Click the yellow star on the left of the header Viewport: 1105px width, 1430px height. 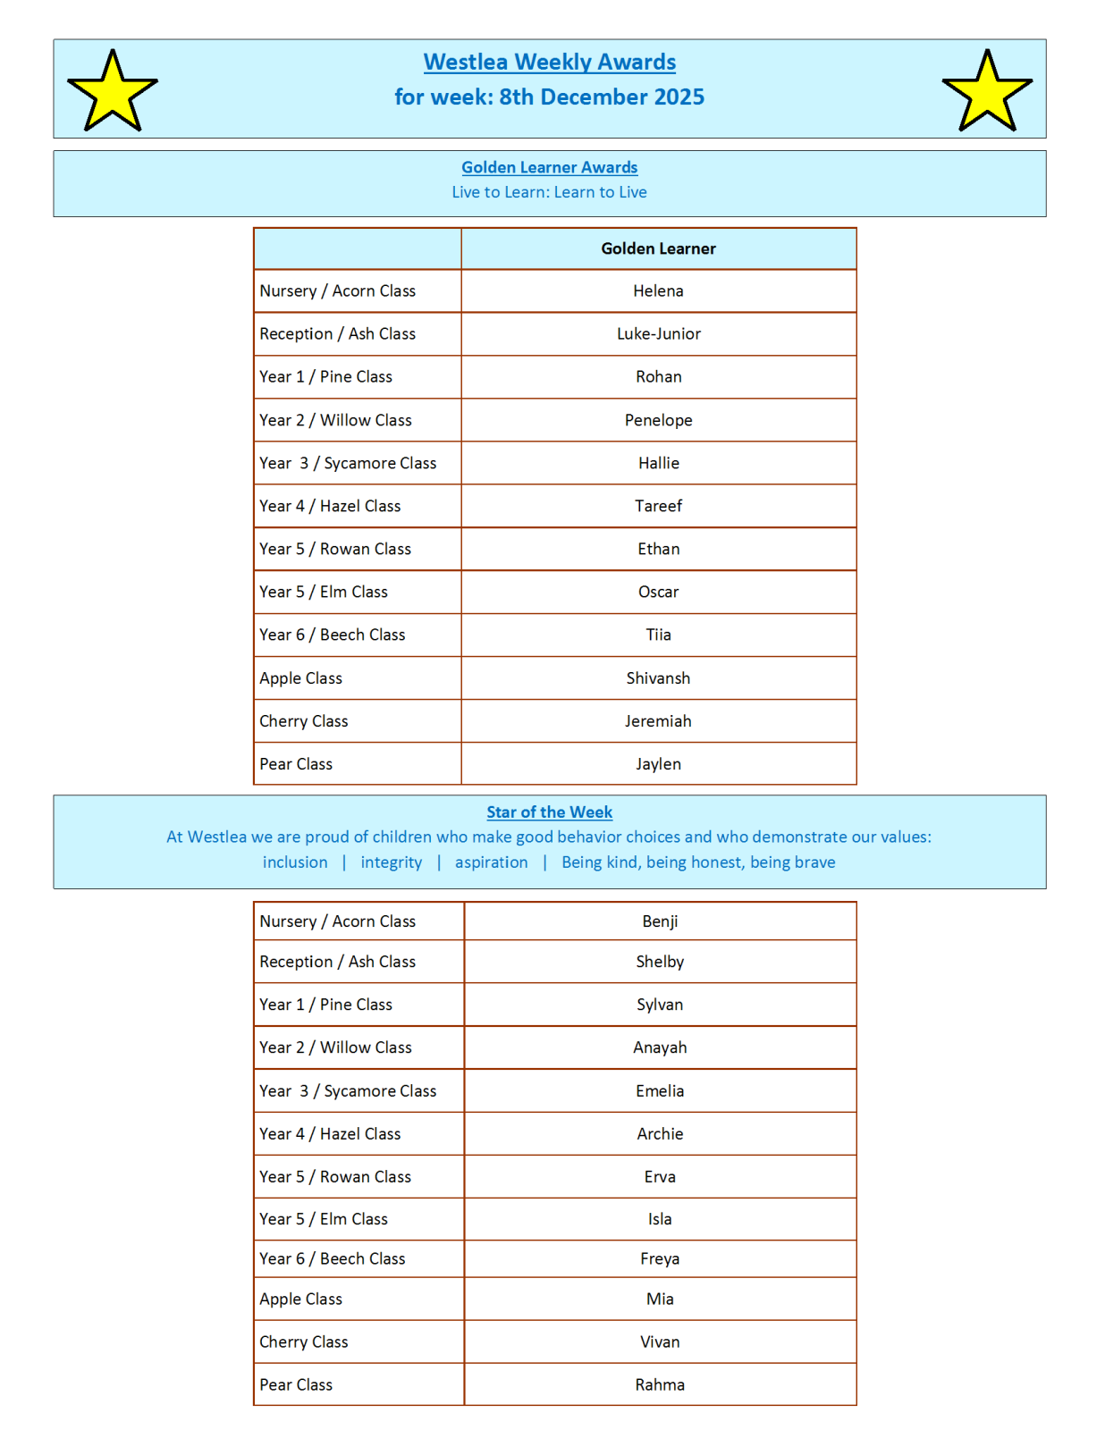tap(113, 92)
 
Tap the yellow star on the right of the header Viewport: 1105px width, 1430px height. tap(987, 92)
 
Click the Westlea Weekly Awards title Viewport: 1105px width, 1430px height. tap(549, 62)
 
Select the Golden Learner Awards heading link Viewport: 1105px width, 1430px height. tap(549, 167)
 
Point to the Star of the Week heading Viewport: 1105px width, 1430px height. tap(549, 812)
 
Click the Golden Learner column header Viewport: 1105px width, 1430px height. tap(658, 248)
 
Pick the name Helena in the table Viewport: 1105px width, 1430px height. tap(658, 291)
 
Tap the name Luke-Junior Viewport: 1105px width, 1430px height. tap(658, 334)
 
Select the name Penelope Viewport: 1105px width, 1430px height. tap(658, 420)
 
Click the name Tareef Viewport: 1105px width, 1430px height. tap(658, 506)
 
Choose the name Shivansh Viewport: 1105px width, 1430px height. tap(658, 678)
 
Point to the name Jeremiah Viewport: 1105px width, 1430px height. tap(658, 721)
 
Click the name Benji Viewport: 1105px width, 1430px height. tap(660, 921)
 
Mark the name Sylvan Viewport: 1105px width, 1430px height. tap(660, 1005)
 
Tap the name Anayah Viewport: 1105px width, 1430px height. tap(660, 1047)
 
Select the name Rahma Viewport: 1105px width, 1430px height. tap(660, 1384)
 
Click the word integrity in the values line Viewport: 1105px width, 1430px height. tap(391, 862)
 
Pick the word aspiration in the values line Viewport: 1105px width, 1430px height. tap(491, 862)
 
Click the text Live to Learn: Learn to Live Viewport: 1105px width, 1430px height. tap(549, 192)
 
